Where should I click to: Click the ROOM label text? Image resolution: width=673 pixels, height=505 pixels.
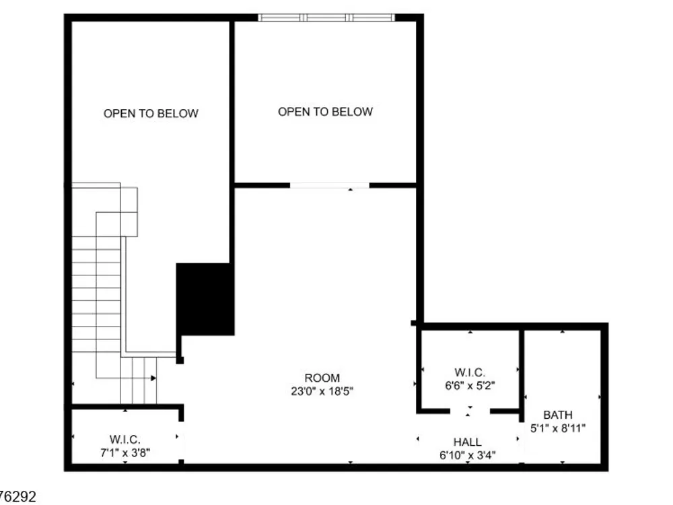(322, 378)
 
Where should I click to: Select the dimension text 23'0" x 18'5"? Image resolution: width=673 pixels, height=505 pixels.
(322, 391)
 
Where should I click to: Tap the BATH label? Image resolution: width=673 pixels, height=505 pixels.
(557, 415)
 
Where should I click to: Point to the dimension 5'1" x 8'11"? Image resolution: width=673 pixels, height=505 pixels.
(557, 428)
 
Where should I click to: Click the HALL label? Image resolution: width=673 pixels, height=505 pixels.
(468, 442)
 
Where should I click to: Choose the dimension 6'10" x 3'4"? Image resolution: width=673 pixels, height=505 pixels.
(468, 455)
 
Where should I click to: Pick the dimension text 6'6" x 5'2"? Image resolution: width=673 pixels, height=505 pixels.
(470, 386)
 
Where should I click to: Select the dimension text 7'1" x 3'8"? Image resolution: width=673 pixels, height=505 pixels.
(125, 452)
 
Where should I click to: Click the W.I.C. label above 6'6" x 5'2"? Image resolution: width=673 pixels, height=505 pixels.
(470, 372)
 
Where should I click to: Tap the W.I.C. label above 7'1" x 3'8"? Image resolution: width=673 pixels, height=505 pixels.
(125, 439)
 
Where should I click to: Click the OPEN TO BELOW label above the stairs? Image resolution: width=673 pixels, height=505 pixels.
(151, 113)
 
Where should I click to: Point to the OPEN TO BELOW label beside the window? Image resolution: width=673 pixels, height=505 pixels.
(325, 112)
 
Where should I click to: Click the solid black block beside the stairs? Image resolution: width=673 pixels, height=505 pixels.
(205, 300)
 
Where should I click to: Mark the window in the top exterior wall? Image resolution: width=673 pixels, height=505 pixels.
(326, 18)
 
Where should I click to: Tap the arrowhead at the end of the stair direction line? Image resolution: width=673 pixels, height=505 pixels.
(153, 378)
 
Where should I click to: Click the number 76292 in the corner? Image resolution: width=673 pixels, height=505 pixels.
(17, 497)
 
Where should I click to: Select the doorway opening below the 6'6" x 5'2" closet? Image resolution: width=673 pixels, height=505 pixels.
(470, 411)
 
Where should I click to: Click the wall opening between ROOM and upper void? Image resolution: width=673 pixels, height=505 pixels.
(330, 186)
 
